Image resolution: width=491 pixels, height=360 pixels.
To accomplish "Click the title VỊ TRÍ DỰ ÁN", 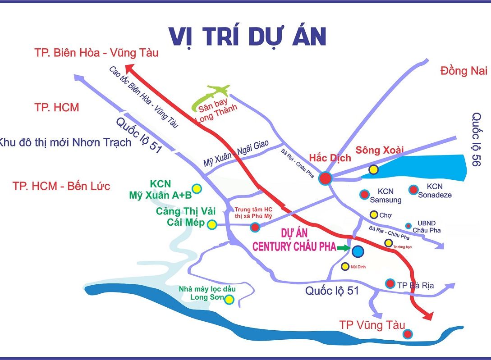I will click(x=247, y=36).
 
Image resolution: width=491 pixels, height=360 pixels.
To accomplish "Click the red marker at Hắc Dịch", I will click(x=326, y=178).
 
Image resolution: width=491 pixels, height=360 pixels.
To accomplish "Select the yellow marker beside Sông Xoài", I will click(x=373, y=169).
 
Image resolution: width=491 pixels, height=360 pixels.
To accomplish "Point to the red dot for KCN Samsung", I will click(x=364, y=194).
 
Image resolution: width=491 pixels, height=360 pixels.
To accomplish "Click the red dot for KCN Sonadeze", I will click(x=413, y=190).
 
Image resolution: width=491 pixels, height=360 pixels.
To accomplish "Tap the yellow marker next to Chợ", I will click(x=374, y=215).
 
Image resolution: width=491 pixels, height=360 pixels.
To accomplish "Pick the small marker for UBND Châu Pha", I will click(x=408, y=226).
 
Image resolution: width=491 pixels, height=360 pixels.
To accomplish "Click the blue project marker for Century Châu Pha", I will click(x=358, y=251).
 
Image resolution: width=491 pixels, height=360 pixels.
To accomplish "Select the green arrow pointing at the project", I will click(x=343, y=248).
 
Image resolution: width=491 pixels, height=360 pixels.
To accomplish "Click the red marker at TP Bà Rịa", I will click(x=390, y=283).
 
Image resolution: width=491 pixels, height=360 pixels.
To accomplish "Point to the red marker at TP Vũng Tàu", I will click(x=408, y=334).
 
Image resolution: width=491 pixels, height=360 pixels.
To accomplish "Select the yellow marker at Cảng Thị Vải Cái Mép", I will click(x=211, y=224).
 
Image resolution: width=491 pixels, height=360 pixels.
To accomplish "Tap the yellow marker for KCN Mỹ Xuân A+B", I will click(x=197, y=188).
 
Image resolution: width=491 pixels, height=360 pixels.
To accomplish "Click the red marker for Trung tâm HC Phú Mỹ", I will click(x=255, y=227).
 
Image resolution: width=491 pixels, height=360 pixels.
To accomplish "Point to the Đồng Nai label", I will click(x=464, y=71).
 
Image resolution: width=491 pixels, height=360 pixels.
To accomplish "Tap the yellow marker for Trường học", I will click(x=388, y=243).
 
